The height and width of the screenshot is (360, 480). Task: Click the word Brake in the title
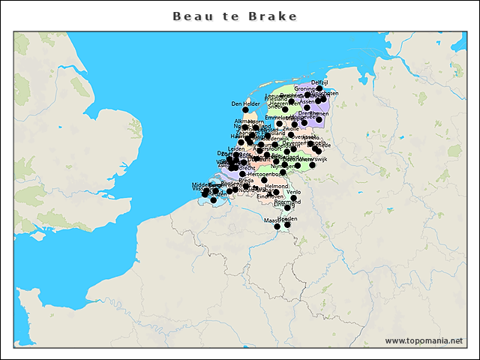point(275,16)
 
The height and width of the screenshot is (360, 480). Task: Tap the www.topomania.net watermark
point(424,340)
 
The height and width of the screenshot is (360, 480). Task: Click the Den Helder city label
point(245,103)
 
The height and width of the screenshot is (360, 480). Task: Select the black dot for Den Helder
point(245,110)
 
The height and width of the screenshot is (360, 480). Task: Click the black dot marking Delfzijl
point(319,88)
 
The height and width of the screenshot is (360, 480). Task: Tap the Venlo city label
point(293,192)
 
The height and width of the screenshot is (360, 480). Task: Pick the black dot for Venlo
point(293,199)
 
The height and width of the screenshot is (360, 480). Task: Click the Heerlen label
point(288,218)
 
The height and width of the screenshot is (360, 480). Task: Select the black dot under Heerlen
point(288,225)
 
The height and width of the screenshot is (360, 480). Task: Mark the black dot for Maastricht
point(277,226)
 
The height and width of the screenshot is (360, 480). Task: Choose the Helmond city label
point(276,186)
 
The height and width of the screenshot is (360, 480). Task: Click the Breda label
point(246,180)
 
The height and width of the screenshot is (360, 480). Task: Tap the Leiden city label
point(236,148)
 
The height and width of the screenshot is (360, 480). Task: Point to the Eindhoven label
point(270,196)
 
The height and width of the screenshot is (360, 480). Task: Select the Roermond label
point(287,202)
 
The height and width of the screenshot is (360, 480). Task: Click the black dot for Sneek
point(285,110)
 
